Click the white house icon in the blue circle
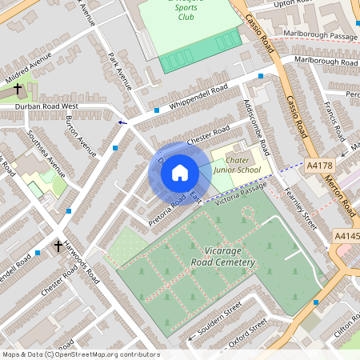click(x=180, y=173)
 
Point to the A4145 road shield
click(x=346, y=236)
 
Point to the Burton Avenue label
click(x=81, y=137)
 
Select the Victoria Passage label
click(x=240, y=191)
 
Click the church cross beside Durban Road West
click(x=18, y=89)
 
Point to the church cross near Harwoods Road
click(x=58, y=246)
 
